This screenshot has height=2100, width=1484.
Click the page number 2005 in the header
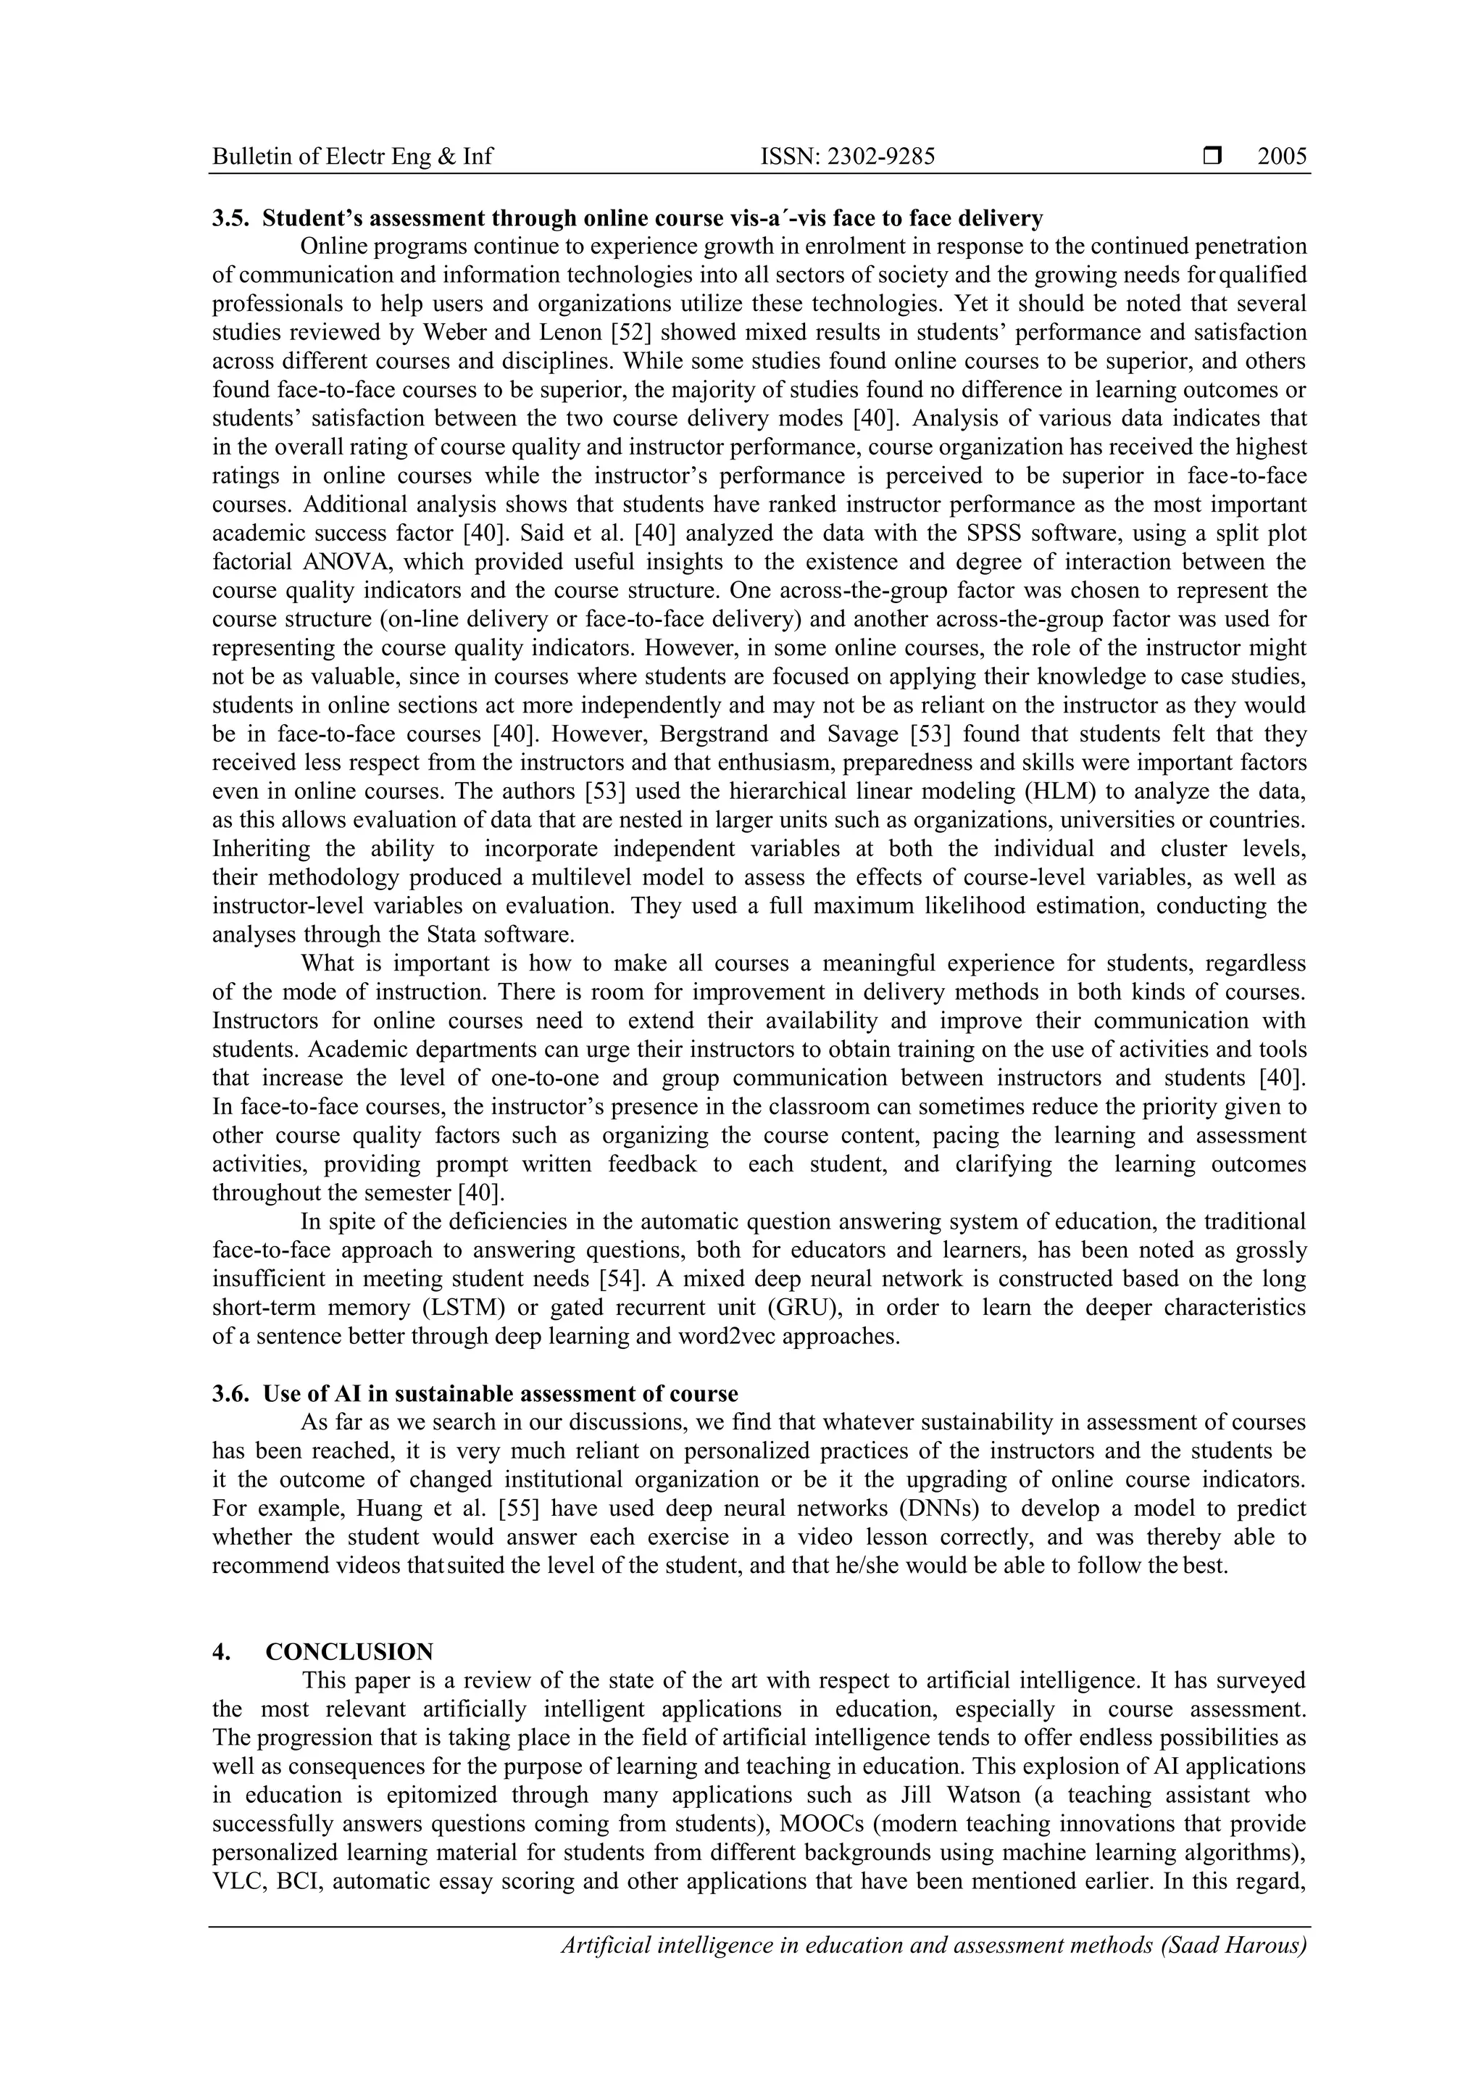click(x=1282, y=157)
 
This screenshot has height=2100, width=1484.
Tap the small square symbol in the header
click(x=1212, y=157)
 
